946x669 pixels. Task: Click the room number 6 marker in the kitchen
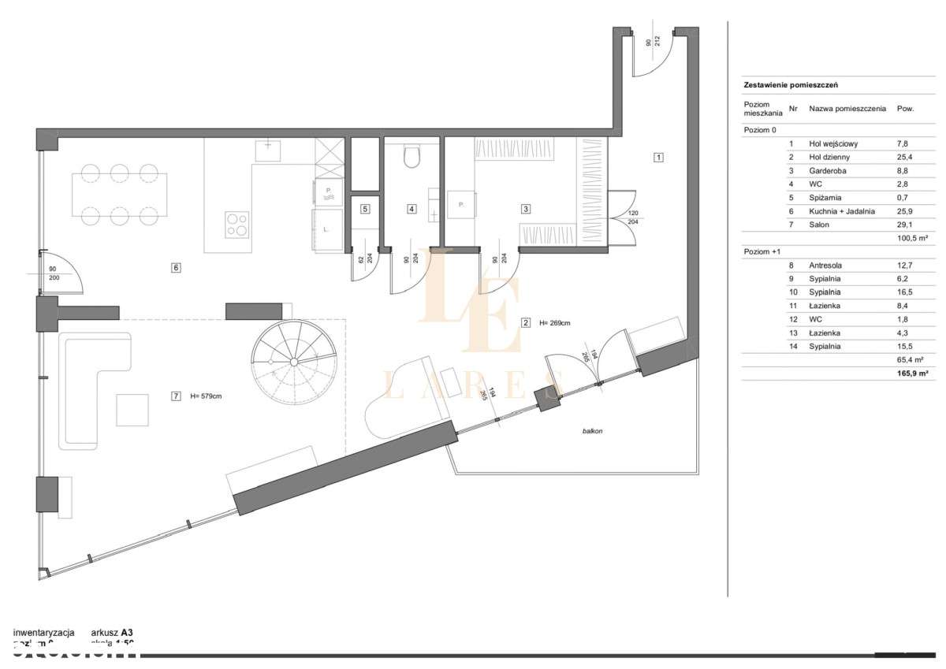[176, 268]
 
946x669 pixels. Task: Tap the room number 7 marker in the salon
[175, 396]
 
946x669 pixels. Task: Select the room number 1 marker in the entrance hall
[658, 157]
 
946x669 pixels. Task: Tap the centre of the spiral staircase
[293, 362]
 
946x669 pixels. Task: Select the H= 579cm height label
[207, 396]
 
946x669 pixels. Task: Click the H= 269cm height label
[557, 322]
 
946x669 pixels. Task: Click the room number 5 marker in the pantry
[364, 209]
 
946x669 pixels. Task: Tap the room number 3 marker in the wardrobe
[525, 209]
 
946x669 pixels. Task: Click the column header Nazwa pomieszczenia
[847, 108]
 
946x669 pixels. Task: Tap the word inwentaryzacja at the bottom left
[44, 632]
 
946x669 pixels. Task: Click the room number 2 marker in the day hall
[525, 322]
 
